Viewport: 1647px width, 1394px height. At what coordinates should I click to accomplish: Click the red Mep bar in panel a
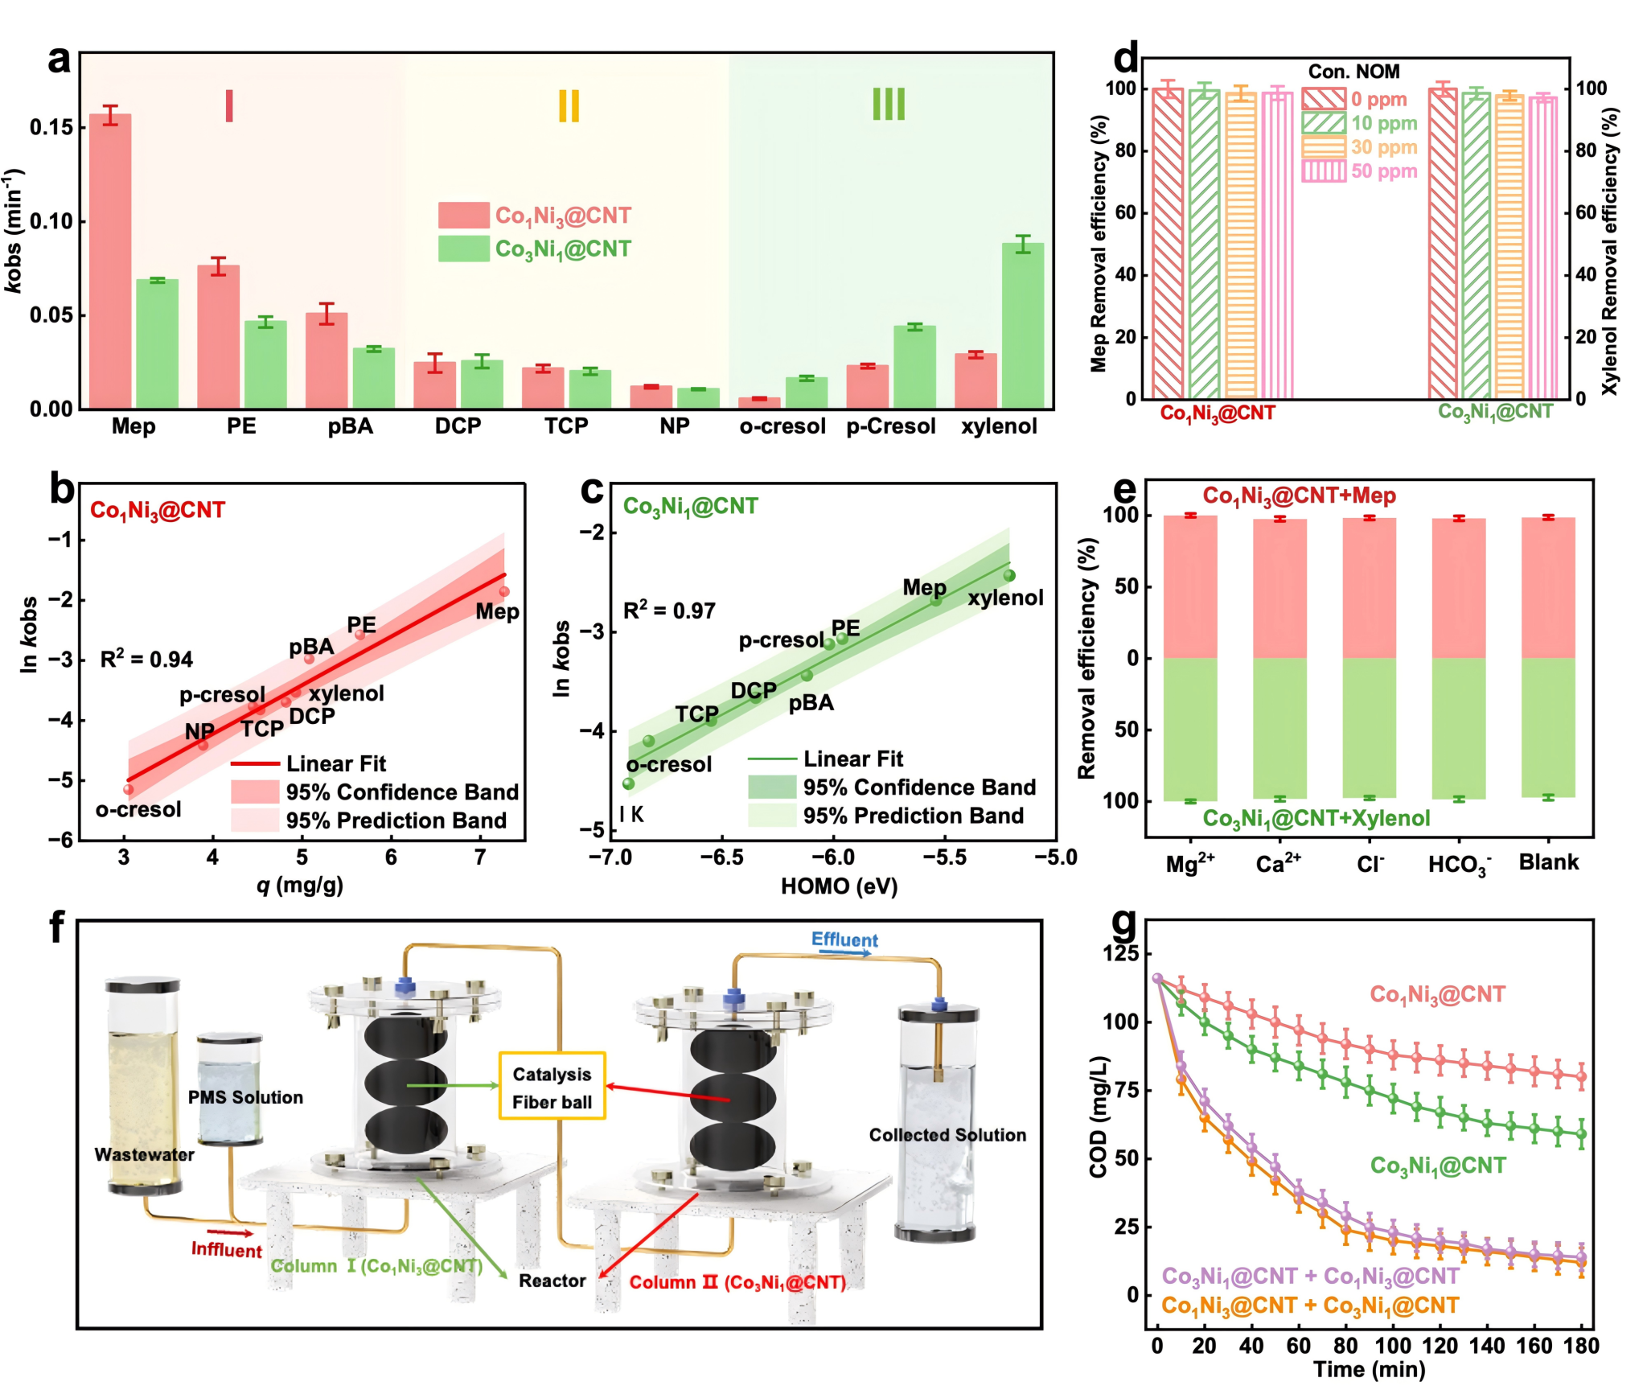[110, 261]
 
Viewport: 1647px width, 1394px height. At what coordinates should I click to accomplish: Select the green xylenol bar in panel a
[1022, 325]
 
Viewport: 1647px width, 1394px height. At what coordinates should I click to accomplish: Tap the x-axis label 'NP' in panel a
[674, 426]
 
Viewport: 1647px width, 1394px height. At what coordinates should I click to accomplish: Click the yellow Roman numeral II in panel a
[569, 105]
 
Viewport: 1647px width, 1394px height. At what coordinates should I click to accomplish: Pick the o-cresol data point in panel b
[129, 789]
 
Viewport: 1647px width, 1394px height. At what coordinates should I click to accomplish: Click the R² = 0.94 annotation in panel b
[146, 660]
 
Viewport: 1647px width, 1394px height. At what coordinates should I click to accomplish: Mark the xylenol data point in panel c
[1009, 575]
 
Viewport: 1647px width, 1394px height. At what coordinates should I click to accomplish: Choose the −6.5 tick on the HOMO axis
[721, 857]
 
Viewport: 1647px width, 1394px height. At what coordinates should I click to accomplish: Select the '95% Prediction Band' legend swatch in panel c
[771, 816]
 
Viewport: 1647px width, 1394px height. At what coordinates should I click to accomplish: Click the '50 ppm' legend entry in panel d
[1383, 171]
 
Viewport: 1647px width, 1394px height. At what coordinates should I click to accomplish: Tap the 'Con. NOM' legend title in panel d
[1353, 72]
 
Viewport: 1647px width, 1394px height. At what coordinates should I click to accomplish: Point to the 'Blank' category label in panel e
[1548, 862]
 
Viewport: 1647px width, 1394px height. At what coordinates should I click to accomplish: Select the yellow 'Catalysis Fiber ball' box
[552, 1086]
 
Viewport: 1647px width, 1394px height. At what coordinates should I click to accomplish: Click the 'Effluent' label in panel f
[844, 940]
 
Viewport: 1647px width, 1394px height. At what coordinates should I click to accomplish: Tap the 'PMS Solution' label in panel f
[245, 1097]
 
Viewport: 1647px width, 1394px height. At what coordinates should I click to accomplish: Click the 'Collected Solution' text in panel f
[947, 1135]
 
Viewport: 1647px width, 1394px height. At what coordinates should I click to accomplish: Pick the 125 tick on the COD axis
[1123, 954]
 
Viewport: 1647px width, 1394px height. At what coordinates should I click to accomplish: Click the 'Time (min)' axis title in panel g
[1369, 1370]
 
